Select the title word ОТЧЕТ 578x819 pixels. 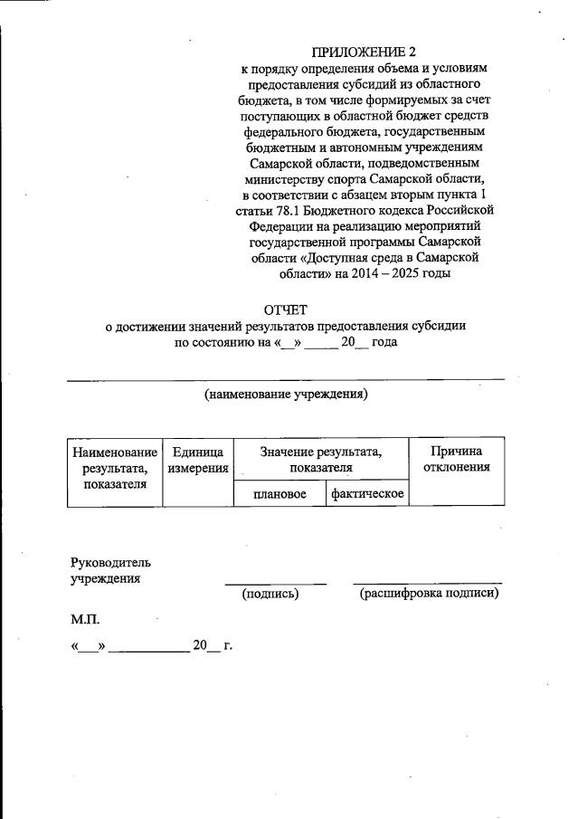[286, 310]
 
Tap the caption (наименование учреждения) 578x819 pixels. [286, 395]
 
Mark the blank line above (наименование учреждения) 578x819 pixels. [286, 381]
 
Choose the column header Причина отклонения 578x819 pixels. [457, 459]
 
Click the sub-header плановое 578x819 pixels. [279, 493]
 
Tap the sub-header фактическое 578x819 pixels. [367, 493]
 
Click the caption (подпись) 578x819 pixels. [270, 594]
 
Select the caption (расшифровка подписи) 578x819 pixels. [429, 594]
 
